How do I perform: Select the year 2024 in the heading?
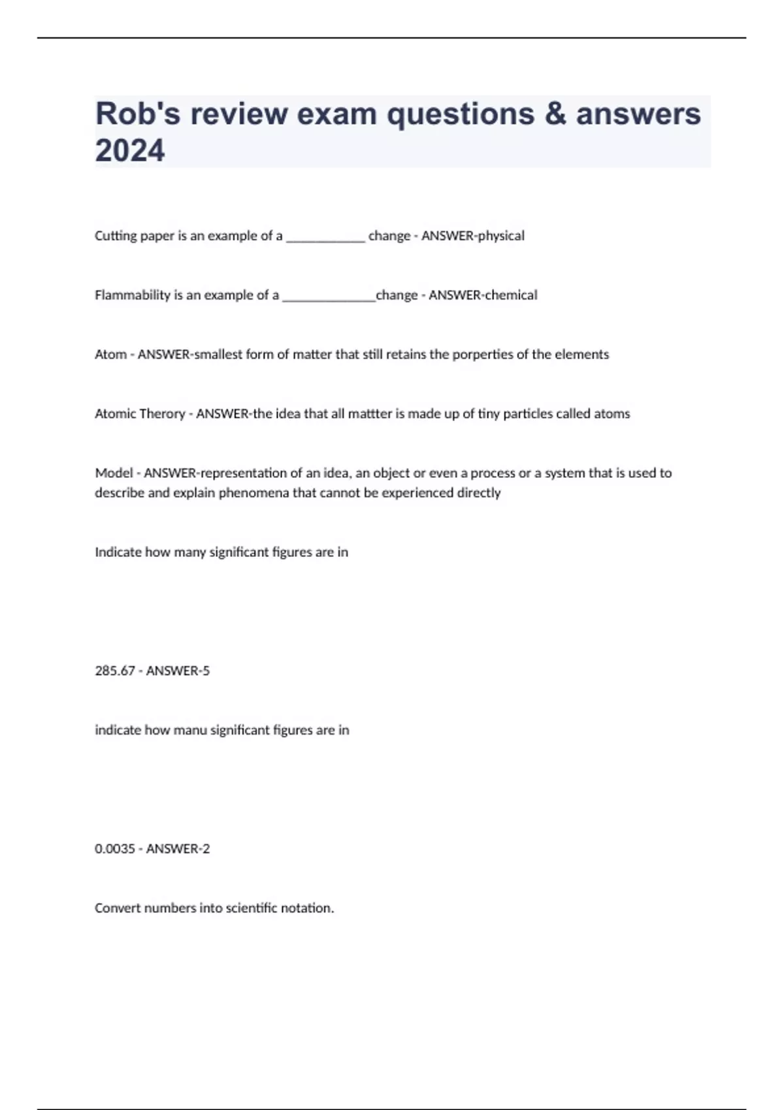(x=130, y=151)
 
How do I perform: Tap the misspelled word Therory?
(x=160, y=414)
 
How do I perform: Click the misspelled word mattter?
(x=370, y=414)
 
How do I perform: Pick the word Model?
(x=114, y=473)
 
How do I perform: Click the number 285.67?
(x=115, y=671)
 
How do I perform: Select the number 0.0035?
(x=115, y=849)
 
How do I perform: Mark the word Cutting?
(x=114, y=236)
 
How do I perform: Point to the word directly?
(x=479, y=493)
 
